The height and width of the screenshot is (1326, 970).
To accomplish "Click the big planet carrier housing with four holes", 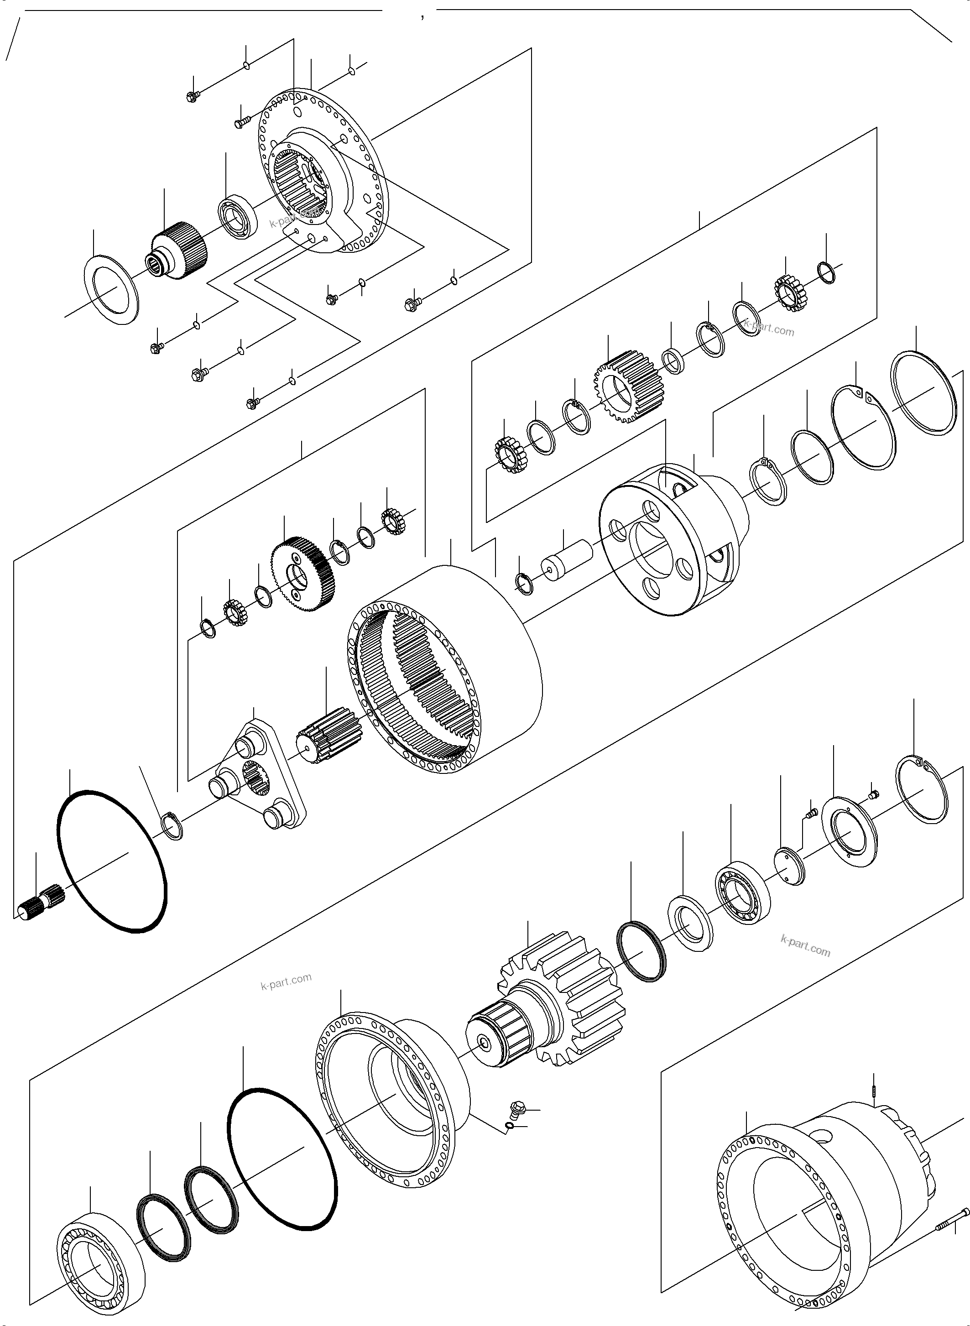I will click(675, 540).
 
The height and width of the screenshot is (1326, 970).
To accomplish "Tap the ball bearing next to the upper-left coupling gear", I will click(238, 214).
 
